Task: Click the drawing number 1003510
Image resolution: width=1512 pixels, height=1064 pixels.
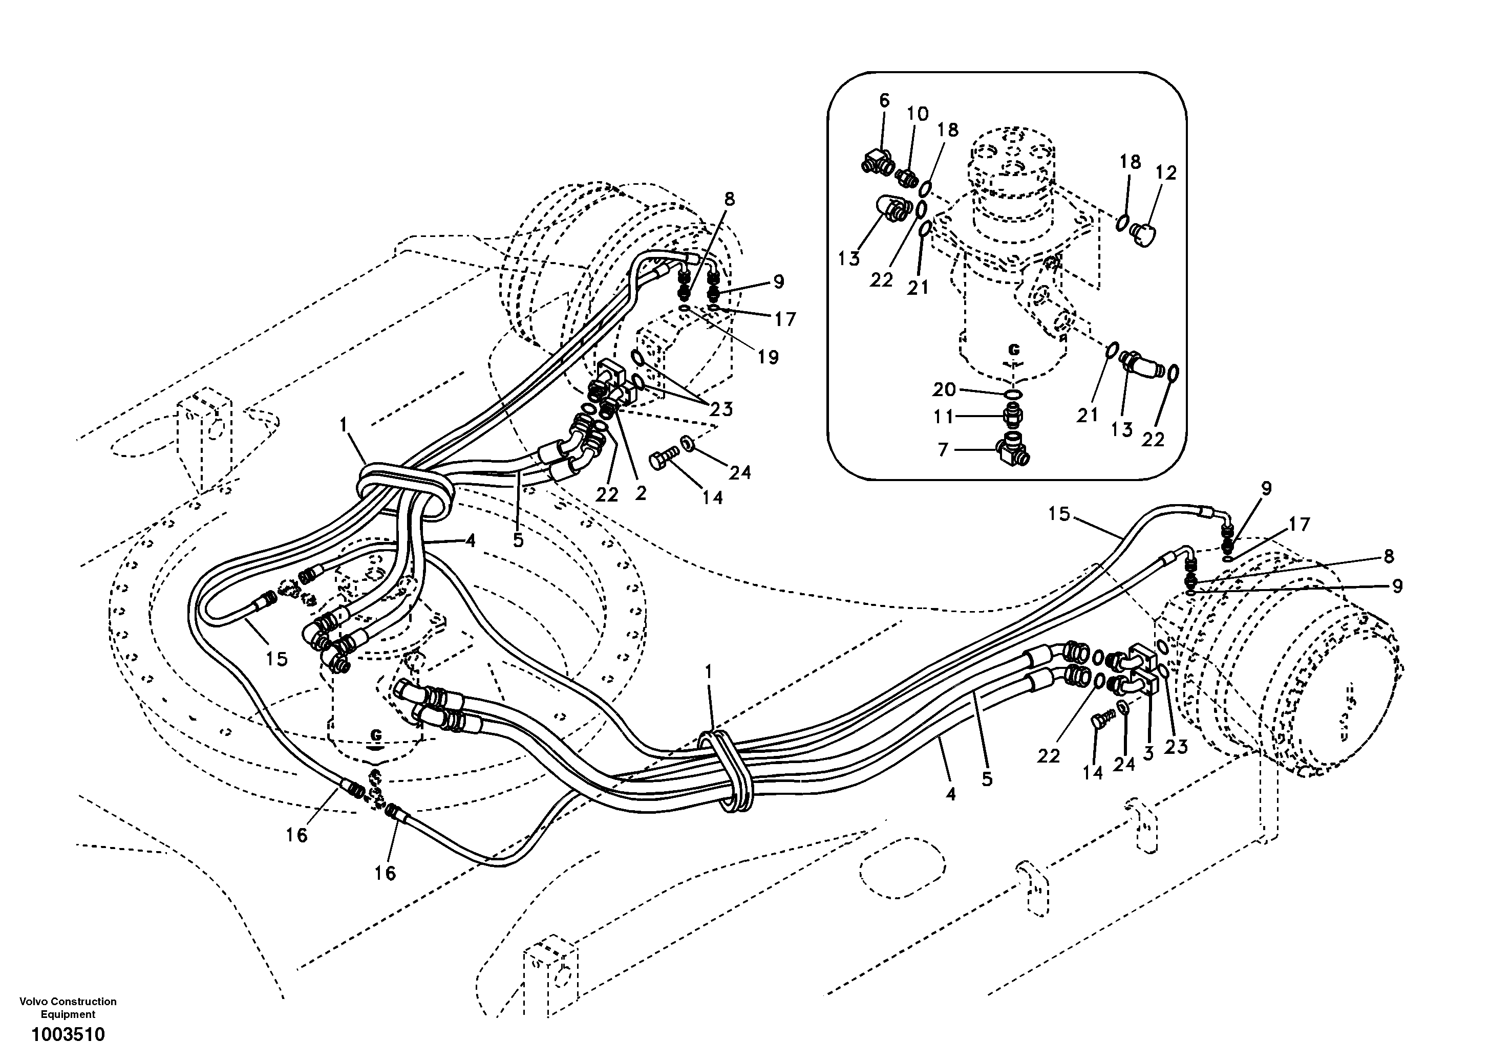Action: tap(68, 1034)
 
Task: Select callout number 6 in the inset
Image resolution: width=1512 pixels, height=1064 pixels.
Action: tap(884, 101)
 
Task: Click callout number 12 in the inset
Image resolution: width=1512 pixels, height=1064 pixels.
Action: tap(1165, 173)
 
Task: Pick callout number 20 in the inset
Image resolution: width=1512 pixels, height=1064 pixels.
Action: tap(944, 390)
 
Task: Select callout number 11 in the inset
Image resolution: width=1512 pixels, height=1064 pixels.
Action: tap(944, 417)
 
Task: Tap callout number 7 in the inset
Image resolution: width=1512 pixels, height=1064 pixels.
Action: tap(943, 450)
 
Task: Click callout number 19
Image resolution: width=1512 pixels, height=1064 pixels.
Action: tap(768, 357)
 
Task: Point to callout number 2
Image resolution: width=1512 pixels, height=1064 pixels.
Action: tap(641, 493)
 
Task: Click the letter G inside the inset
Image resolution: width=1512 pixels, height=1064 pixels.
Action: tap(1014, 350)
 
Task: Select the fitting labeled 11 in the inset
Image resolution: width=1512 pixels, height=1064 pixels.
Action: tap(1013, 417)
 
